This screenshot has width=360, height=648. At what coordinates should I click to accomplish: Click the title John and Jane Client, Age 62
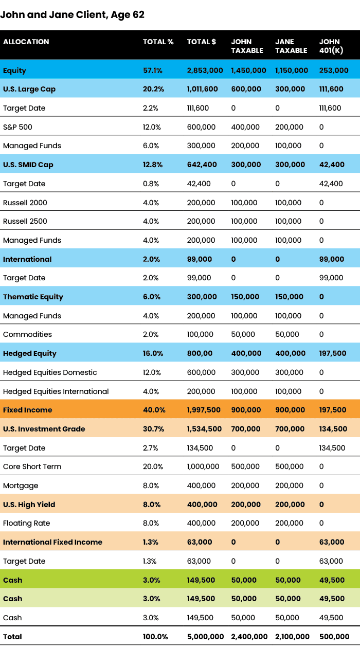click(72, 15)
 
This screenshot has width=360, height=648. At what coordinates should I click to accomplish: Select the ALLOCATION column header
click(26, 42)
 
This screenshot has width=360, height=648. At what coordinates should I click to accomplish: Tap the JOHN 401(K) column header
click(332, 46)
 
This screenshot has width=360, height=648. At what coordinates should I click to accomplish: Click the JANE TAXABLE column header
click(291, 46)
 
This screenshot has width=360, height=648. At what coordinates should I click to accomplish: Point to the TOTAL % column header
click(158, 42)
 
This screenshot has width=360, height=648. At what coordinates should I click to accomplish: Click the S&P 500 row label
click(17, 127)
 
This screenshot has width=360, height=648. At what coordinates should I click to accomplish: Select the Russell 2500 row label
click(25, 221)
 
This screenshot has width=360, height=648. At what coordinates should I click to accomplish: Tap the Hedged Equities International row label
click(56, 391)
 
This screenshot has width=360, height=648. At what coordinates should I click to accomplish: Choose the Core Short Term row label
click(32, 466)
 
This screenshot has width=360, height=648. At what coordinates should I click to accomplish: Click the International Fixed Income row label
click(52, 542)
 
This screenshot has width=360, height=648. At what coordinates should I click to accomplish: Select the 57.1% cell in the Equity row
click(153, 70)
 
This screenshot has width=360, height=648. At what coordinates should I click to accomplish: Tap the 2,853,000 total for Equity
click(205, 70)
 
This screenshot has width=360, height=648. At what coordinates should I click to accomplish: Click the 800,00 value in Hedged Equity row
click(199, 353)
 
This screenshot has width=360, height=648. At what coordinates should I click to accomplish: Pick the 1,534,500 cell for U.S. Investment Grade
click(204, 429)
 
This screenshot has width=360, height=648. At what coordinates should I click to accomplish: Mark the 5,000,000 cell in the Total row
click(205, 637)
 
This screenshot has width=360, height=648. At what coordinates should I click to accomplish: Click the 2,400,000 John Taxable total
click(249, 637)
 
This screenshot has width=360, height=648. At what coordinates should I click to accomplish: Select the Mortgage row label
click(21, 485)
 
